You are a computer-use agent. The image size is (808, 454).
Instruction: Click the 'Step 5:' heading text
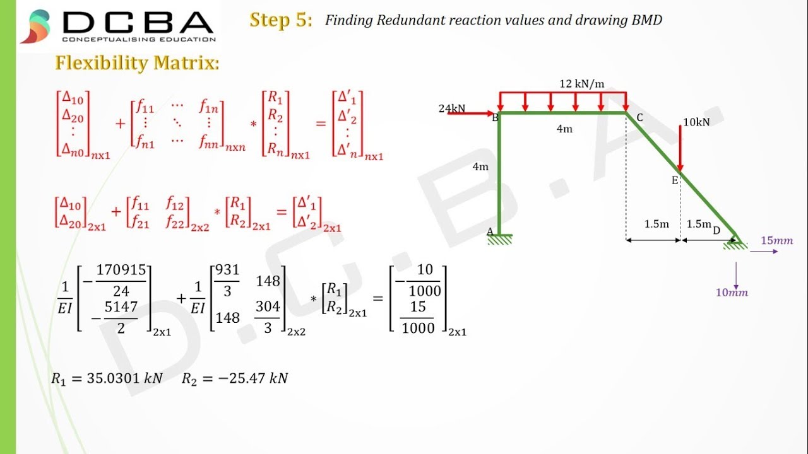pyautogui.click(x=281, y=20)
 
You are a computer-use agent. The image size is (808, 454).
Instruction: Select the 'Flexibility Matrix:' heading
pyautogui.click(x=137, y=63)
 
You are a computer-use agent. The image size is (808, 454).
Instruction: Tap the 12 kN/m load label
pyautogui.click(x=581, y=83)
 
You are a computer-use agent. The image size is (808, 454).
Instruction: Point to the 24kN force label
pyautogui.click(x=452, y=108)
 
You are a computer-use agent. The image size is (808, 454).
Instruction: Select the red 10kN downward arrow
pyautogui.click(x=680, y=148)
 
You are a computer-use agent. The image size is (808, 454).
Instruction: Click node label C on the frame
pyautogui.click(x=639, y=117)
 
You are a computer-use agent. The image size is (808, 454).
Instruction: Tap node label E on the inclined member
pyautogui.click(x=674, y=180)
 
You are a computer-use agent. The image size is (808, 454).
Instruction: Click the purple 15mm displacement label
pyautogui.click(x=776, y=241)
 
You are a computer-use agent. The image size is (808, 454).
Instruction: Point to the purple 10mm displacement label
pyautogui.click(x=732, y=293)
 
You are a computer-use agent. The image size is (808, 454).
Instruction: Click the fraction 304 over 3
pyautogui.click(x=268, y=317)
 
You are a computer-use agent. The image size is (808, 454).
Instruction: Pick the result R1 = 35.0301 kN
pyautogui.click(x=107, y=378)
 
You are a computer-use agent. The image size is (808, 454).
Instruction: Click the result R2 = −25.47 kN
pyautogui.click(x=235, y=378)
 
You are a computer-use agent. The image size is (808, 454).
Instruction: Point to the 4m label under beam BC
pyautogui.click(x=564, y=129)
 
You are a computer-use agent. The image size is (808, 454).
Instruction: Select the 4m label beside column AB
pyautogui.click(x=480, y=167)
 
